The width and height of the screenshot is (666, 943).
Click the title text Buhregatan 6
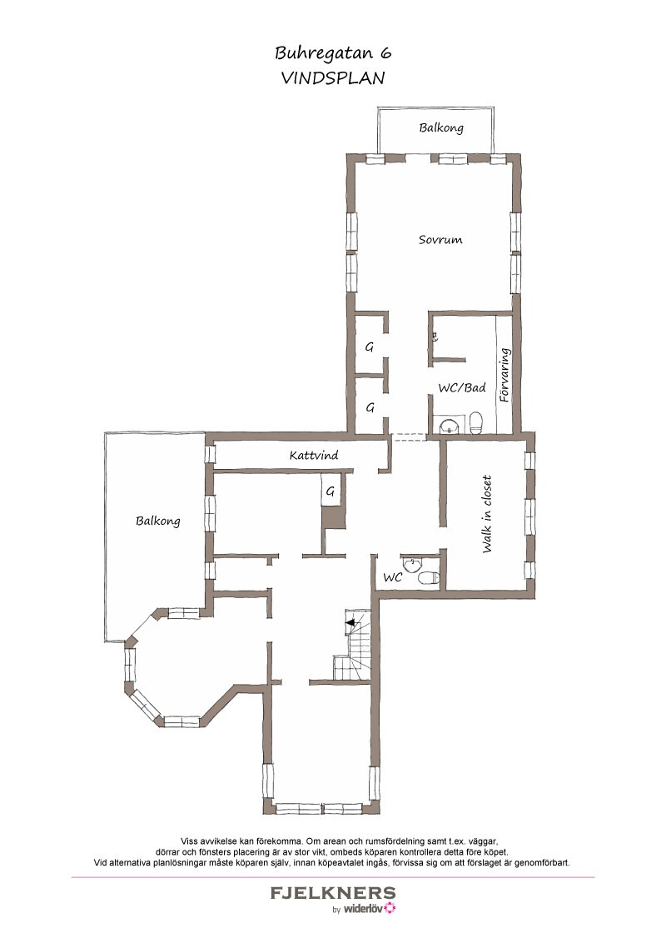point(333,54)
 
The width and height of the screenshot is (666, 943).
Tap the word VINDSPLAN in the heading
point(333,78)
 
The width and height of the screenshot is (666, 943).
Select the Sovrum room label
point(440,239)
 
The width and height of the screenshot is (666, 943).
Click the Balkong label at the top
point(441,127)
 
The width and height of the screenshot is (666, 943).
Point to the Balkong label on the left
point(158,521)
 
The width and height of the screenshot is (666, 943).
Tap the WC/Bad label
point(462,388)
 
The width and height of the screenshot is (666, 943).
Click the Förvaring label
point(504,375)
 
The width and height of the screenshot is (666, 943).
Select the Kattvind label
point(314,456)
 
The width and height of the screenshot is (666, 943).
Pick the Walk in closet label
point(487,514)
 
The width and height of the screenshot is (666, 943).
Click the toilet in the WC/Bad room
point(475,423)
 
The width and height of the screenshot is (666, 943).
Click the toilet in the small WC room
point(428,578)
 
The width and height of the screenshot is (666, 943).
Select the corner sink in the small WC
point(412,564)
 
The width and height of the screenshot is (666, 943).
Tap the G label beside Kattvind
point(330,492)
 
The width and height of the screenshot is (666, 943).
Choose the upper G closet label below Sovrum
point(370,347)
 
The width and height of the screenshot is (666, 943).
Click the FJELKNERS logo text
point(333,893)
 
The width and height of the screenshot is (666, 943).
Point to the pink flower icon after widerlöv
point(390,908)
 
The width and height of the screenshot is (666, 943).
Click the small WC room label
point(392,577)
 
